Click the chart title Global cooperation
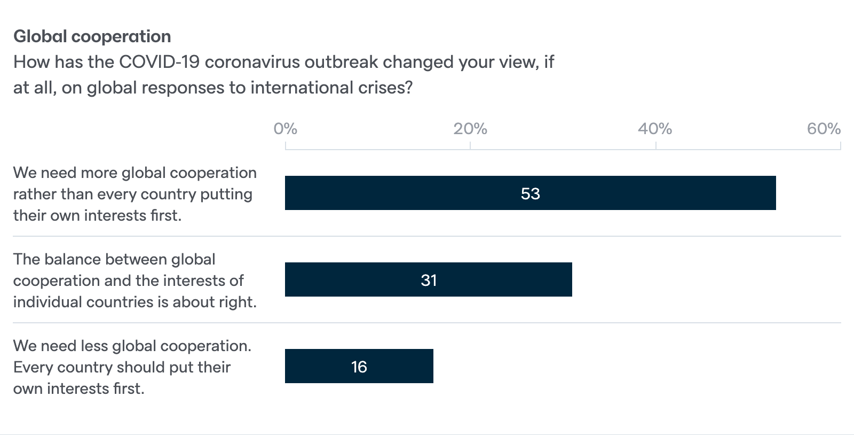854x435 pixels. pos(92,36)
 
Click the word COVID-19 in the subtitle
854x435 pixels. pos(159,62)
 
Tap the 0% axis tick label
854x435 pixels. pos(285,129)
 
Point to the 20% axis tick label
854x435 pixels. pos(470,129)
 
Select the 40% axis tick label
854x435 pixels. pos(655,129)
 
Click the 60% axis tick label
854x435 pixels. pos(824,129)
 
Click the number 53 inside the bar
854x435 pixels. pos(530,193)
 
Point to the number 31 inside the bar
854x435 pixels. pos(429,280)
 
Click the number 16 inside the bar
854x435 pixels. pos(359,367)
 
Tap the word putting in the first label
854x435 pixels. pos(226,194)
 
